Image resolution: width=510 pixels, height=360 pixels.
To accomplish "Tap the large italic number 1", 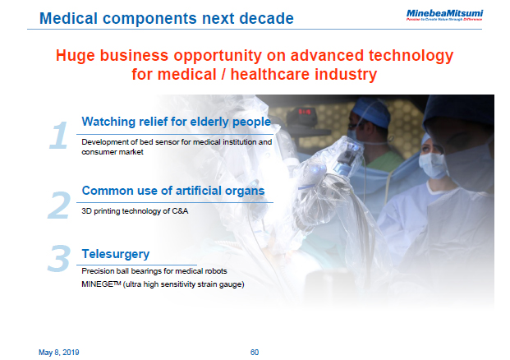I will coord(57,135).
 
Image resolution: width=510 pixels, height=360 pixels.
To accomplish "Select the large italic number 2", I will coord(58,205).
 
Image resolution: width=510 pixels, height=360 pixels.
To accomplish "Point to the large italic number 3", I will coord(58,258).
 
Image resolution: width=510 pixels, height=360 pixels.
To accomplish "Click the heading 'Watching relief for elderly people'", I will coord(176,122).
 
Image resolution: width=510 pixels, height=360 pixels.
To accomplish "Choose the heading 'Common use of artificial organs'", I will coord(172,191).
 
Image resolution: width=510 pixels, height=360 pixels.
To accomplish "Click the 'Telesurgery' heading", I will coord(115,254).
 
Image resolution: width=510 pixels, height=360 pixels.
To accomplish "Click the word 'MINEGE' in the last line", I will coord(99,284).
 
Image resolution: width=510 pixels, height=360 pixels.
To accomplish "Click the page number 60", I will coord(255,352).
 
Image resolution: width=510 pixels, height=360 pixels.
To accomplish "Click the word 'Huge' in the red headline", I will coord(76,56).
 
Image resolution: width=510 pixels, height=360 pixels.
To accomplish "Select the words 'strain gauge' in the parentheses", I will coord(221,284).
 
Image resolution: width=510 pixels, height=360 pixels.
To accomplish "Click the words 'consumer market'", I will coord(113,152).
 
